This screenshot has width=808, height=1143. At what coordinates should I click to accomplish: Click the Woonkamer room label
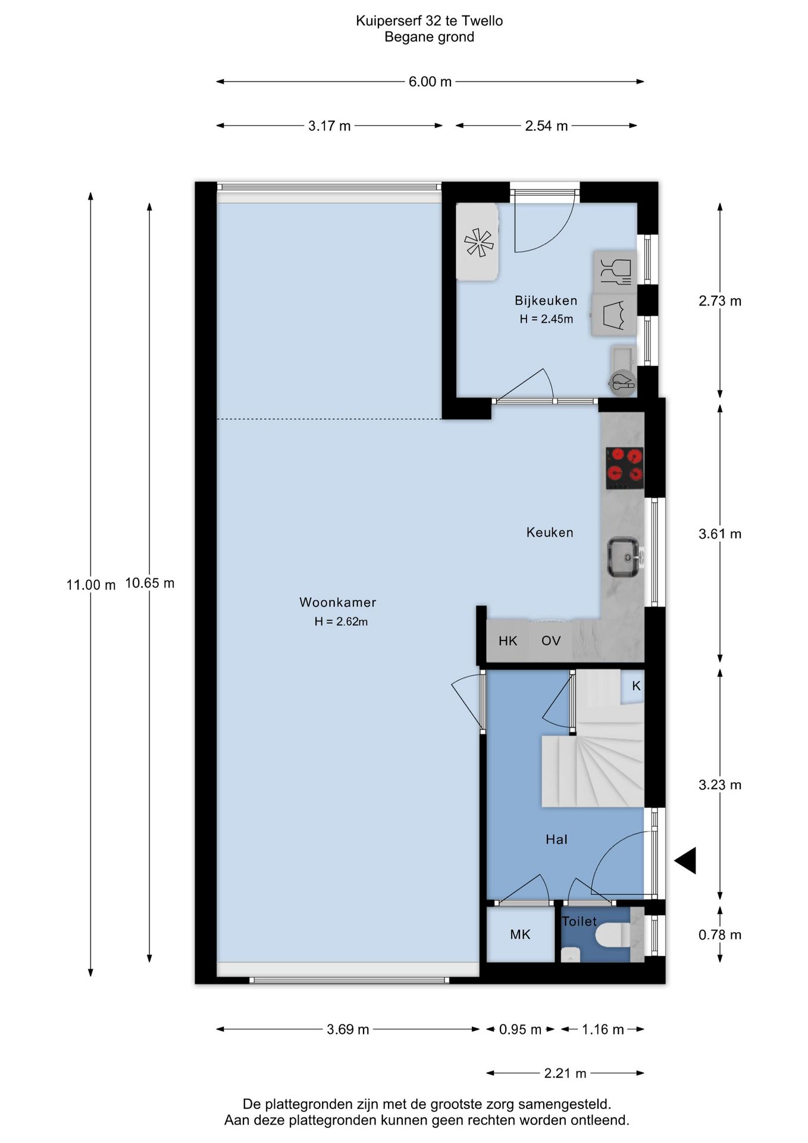click(337, 602)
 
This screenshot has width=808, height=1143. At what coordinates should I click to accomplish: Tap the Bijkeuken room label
click(546, 301)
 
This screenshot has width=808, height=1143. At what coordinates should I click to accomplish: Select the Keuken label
click(550, 532)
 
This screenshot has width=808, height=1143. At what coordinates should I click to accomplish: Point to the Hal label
click(556, 839)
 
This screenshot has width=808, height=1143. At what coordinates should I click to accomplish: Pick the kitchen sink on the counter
click(624, 557)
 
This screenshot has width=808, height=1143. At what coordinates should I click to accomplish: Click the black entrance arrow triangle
click(686, 861)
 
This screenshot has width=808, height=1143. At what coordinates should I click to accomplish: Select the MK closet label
click(520, 935)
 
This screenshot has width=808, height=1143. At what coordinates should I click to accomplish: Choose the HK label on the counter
click(508, 641)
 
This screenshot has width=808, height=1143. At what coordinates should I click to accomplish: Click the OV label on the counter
click(551, 641)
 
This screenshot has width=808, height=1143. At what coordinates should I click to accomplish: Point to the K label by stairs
click(636, 686)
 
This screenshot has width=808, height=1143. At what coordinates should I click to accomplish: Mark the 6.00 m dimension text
click(430, 82)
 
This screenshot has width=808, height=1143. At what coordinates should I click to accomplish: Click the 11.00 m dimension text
click(91, 585)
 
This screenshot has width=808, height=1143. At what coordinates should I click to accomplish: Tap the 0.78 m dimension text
click(720, 935)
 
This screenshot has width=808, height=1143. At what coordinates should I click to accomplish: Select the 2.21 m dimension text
click(565, 1073)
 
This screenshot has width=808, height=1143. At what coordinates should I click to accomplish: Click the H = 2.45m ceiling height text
click(546, 319)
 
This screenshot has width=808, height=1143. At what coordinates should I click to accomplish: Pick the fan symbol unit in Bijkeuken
click(478, 242)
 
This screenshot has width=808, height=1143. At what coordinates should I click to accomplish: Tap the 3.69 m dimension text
click(348, 1029)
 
